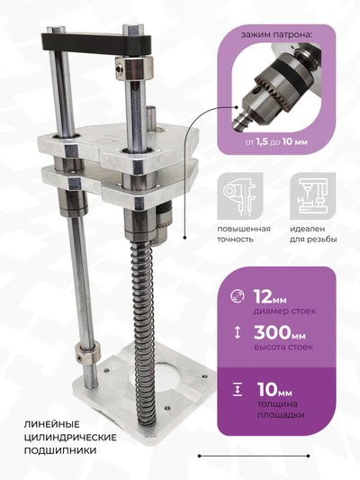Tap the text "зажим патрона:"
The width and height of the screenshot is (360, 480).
click(x=277, y=34)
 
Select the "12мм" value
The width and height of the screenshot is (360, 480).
click(x=270, y=296)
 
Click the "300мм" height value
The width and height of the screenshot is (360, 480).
click(x=279, y=332)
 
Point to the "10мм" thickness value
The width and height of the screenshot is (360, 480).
click(x=274, y=389)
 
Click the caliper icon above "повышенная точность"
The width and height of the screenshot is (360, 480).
click(x=240, y=196)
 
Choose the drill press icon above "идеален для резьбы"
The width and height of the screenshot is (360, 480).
click(x=312, y=196)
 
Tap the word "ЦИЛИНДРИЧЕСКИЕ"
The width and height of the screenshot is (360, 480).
click(x=70, y=437)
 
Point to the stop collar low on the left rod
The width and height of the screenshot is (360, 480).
click(x=88, y=353)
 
